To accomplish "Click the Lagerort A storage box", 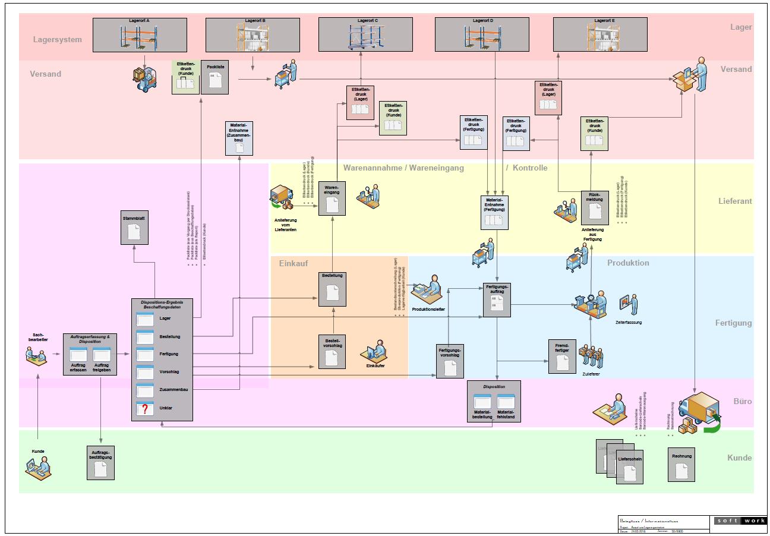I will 140,35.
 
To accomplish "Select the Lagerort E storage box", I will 599,35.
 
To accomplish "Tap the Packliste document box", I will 215,77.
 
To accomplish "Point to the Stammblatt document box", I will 134,227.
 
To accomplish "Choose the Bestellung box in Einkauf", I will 332,289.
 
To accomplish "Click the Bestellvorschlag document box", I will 332,352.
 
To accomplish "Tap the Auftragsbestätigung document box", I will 100,462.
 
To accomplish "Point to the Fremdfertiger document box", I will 562,356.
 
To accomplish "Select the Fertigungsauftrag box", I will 496,299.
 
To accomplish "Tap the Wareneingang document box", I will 332,198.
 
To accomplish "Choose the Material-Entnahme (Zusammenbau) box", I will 239,138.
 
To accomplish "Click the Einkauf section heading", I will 294,263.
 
